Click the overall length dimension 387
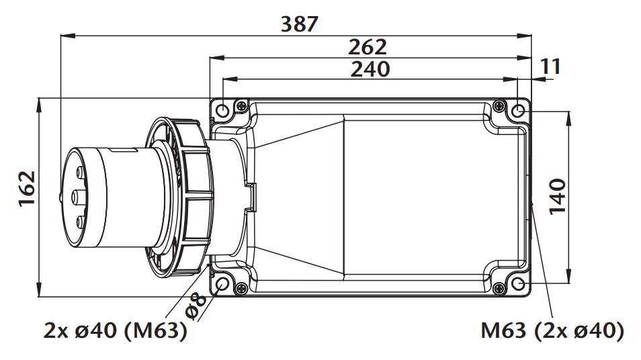[x=298, y=24]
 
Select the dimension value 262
[x=368, y=47]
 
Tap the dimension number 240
[x=369, y=68]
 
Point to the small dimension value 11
[x=550, y=66]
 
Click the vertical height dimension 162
[x=26, y=190]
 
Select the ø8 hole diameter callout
[x=195, y=305]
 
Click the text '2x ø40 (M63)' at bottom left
[x=115, y=331]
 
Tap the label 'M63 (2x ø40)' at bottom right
[x=552, y=331]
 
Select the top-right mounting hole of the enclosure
[x=518, y=110]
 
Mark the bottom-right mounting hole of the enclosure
[x=518, y=285]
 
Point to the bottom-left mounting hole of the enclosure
[x=222, y=285]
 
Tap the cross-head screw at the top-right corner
[x=499, y=105]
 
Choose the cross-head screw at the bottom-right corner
[x=499, y=289]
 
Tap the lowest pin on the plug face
[x=81, y=222]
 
